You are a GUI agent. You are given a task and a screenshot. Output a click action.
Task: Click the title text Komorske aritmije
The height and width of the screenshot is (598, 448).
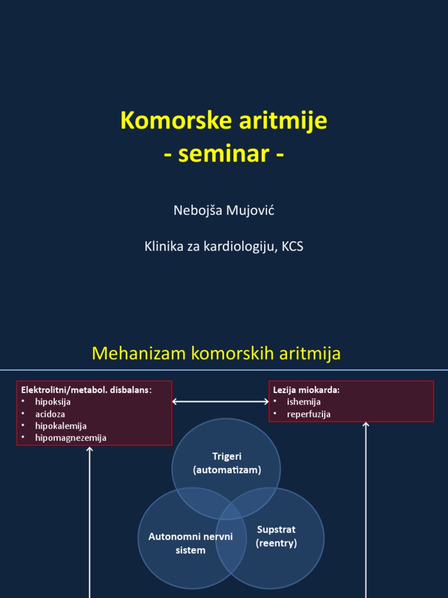pos(223,121)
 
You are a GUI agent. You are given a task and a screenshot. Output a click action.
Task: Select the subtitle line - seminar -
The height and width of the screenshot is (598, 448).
pos(223,154)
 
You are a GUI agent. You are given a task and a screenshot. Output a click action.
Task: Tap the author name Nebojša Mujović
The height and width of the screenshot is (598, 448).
pos(223,210)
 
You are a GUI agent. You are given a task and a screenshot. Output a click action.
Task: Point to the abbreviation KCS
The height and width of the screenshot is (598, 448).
pos(292,246)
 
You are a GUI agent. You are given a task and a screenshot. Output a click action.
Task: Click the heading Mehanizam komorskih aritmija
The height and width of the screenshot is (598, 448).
pos(216,353)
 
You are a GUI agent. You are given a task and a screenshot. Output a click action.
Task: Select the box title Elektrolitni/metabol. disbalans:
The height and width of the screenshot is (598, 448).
pos(86,390)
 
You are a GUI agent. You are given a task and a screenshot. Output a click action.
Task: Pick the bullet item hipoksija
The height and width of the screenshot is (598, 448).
pos(52,402)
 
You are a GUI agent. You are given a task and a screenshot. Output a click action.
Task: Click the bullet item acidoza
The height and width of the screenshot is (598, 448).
pos(50,414)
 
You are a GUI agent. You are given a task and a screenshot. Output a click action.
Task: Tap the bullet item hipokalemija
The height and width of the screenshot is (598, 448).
pos(61,426)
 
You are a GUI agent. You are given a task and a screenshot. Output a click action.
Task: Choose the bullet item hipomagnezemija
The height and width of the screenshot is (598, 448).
pos(71,437)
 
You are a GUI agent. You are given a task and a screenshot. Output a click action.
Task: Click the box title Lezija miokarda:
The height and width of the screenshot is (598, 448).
pos(306,390)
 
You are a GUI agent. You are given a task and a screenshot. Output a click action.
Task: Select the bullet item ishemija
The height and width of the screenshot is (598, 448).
pos(303,402)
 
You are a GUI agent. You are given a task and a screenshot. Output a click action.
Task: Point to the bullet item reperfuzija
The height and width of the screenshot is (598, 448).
pos(309,414)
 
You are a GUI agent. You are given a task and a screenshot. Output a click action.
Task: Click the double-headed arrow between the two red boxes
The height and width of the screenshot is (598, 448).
pos(220,402)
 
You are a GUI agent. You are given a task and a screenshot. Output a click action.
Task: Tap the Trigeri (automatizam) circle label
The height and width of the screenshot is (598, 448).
pos(226,463)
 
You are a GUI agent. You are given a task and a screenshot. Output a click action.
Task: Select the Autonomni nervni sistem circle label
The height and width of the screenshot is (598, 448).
pos(190,543)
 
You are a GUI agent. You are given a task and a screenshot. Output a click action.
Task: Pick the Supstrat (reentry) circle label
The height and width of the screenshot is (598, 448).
pos(276,536)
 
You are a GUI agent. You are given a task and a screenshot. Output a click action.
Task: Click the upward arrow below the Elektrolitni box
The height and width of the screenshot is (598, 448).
pos(90,520)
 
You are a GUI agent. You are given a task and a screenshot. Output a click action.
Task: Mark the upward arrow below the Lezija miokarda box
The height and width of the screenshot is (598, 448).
pos(366,508)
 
